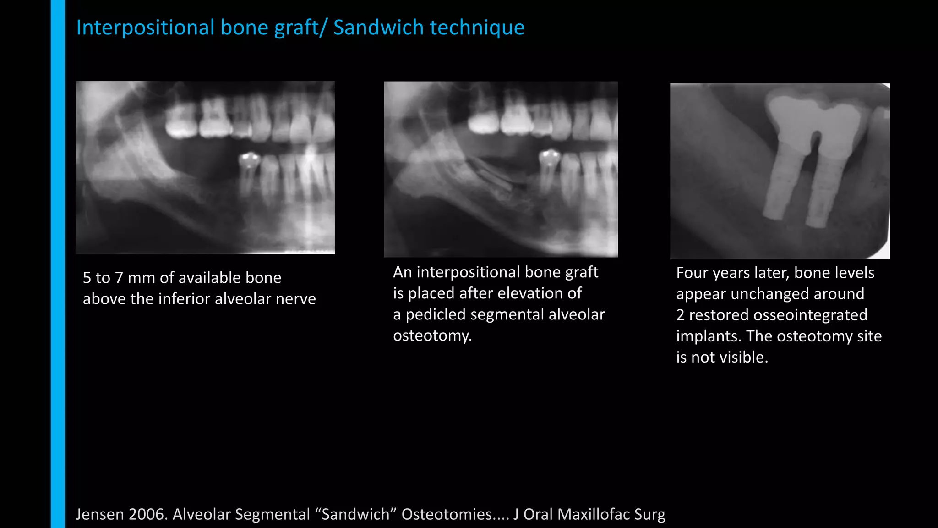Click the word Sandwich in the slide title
pos(378,27)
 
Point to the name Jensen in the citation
pos(99,514)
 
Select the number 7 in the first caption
pos(119,278)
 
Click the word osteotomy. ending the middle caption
pos(432,335)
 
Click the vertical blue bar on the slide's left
pos(58,264)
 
